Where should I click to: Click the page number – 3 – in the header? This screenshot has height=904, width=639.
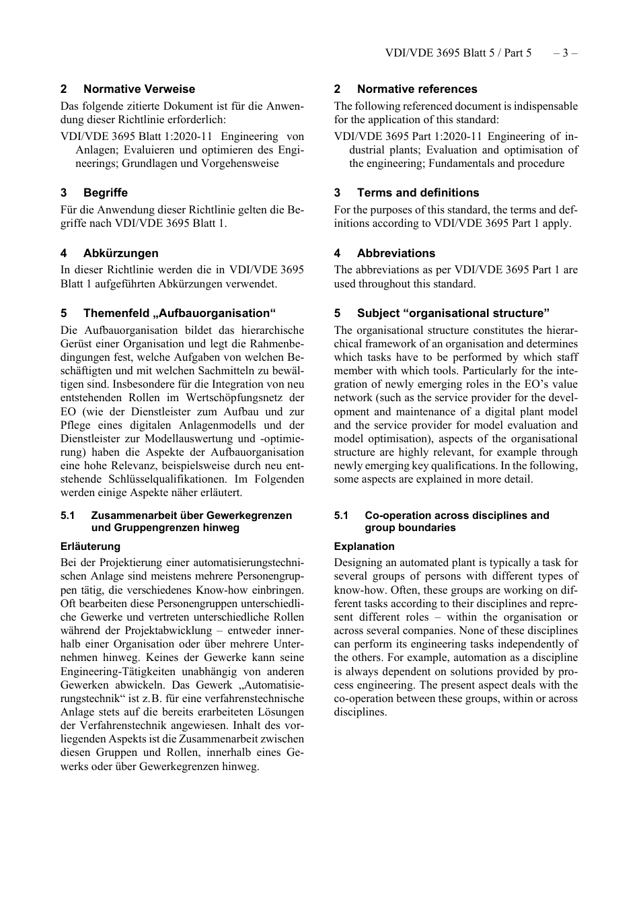(x=565, y=53)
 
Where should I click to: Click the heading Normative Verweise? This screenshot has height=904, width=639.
(x=139, y=89)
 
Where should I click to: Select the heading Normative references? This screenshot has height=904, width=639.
(x=416, y=89)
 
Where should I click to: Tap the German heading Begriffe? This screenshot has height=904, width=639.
(x=105, y=193)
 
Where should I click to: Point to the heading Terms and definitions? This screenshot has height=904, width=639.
(x=418, y=193)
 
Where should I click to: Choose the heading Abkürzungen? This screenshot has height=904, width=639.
(x=120, y=253)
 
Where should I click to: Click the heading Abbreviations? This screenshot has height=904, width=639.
(x=396, y=253)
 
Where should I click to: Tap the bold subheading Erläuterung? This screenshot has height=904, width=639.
(x=90, y=547)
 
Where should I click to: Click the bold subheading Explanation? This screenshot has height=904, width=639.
(x=364, y=547)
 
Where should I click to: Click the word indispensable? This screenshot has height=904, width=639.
(x=546, y=106)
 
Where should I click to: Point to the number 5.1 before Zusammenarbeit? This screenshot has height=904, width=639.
(x=67, y=516)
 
